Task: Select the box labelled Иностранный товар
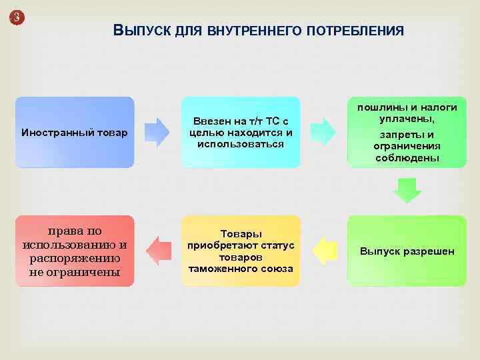point(75,132)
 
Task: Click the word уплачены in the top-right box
point(407,118)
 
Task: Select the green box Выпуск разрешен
point(407,251)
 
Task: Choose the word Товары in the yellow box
point(241,234)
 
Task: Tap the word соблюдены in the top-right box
point(407,158)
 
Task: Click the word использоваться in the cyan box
point(241,143)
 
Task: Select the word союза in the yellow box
point(277,268)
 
